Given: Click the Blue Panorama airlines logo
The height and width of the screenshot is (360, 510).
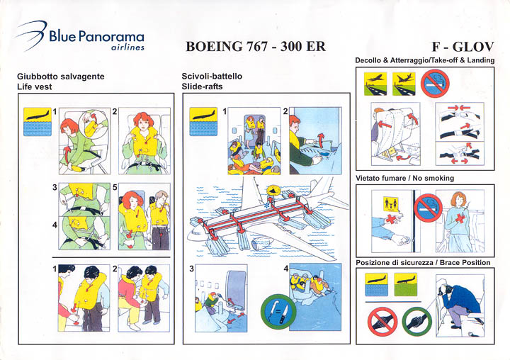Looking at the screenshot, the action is (79, 36).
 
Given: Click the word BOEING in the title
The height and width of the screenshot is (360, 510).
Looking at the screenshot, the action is (214, 47).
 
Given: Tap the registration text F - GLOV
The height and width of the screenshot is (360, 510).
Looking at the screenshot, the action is (463, 47).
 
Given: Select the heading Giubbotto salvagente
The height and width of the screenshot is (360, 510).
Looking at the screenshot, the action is (61, 77).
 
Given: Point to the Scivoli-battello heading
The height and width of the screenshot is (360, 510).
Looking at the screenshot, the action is (212, 76).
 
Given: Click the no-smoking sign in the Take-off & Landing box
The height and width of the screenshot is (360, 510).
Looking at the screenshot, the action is (435, 84).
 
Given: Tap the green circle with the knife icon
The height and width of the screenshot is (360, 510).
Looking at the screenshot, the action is (278, 311).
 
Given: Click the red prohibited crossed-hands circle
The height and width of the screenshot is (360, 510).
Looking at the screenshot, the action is (382, 322).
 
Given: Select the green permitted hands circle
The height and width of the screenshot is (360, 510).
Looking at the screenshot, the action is (417, 322).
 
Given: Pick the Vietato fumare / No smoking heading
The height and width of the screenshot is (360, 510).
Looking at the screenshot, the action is (404, 178).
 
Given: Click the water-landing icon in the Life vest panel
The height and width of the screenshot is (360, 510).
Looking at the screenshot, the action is (38, 122).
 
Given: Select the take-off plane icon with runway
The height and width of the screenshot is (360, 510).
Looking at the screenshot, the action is (375, 84).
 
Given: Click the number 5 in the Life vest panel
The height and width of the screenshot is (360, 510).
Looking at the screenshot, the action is (115, 188).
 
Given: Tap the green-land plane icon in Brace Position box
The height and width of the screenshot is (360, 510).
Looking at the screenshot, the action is (406, 284).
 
